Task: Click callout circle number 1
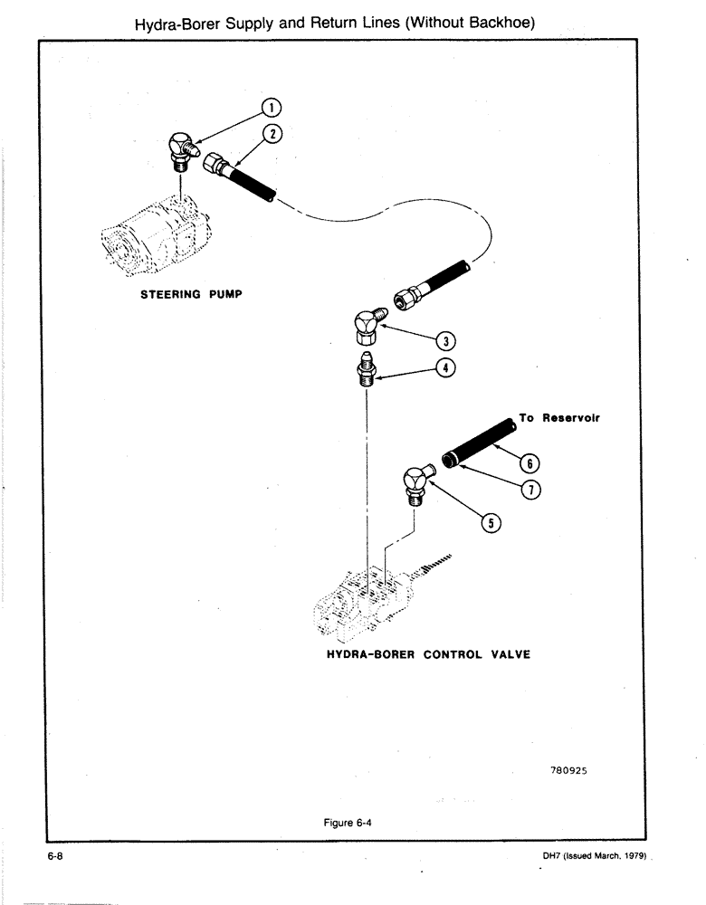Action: pyautogui.click(x=269, y=108)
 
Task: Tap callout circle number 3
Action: pyautogui.click(x=445, y=340)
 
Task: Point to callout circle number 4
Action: pyautogui.click(x=445, y=368)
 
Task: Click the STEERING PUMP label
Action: pyautogui.click(x=190, y=295)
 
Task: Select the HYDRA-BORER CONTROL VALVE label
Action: pyautogui.click(x=427, y=655)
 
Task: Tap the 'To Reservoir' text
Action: pyautogui.click(x=560, y=419)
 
